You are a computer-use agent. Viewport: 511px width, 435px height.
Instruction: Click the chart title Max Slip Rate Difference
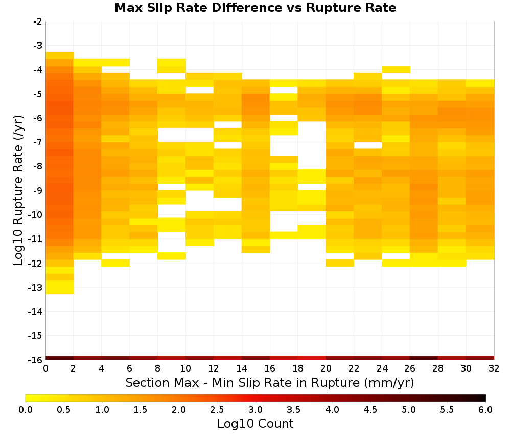[x=198, y=8]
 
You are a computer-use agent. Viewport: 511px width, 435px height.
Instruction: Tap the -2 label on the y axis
[x=38, y=21]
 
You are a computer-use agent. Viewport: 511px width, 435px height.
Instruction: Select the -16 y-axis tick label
[x=36, y=360]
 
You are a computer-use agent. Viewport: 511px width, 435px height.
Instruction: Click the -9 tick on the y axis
[x=38, y=190]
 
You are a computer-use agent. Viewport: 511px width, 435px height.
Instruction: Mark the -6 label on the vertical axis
[x=38, y=118]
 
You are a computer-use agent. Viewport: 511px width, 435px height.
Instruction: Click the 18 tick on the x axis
[x=298, y=368]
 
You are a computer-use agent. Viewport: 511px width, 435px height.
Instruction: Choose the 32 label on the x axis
[x=494, y=368]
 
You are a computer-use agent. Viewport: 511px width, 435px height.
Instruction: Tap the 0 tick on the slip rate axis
[x=45, y=368]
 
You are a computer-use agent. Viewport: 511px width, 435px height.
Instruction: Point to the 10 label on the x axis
[x=186, y=368]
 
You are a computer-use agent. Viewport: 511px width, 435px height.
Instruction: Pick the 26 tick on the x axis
[x=410, y=368]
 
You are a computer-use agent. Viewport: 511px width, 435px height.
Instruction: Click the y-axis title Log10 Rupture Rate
[x=18, y=190]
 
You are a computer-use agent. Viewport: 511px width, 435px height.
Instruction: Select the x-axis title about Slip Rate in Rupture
[x=270, y=383]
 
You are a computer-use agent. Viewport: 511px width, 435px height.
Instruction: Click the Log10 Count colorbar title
[x=255, y=424]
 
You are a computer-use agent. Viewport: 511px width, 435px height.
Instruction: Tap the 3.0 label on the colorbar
[x=255, y=409]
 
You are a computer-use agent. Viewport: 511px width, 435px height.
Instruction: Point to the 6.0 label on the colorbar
[x=485, y=409]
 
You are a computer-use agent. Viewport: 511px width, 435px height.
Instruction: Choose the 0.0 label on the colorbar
[x=26, y=409]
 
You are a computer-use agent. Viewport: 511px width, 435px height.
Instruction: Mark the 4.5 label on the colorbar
[x=370, y=409]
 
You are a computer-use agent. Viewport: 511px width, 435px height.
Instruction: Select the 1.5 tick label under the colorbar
[x=141, y=409]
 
